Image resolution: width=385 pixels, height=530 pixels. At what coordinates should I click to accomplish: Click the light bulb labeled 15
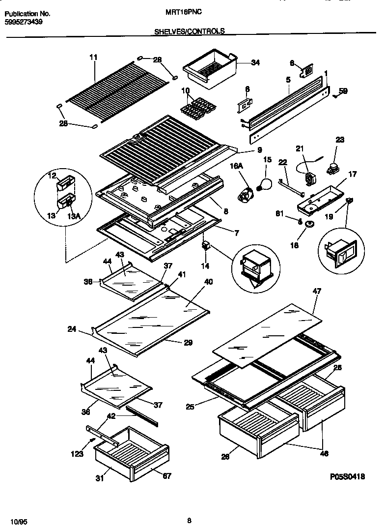click(264, 184)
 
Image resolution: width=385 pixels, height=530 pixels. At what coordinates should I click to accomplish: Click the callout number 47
click(317, 292)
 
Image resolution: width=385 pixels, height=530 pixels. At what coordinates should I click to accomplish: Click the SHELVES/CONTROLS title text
click(190, 31)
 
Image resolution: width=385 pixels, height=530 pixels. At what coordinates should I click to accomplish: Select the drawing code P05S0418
click(347, 476)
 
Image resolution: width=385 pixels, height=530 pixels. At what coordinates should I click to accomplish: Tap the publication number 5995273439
click(24, 22)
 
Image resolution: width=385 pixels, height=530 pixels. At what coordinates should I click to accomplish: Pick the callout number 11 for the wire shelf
click(93, 58)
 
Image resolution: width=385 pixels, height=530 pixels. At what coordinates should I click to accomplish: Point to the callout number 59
click(343, 90)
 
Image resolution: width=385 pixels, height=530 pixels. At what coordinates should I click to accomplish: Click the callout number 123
click(77, 455)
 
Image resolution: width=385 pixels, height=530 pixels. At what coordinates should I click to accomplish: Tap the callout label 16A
click(237, 167)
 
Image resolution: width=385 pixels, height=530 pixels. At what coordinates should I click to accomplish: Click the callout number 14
click(205, 265)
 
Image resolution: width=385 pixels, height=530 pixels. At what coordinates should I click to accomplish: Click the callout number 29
click(188, 343)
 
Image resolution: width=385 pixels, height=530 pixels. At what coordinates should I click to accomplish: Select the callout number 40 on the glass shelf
click(208, 282)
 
